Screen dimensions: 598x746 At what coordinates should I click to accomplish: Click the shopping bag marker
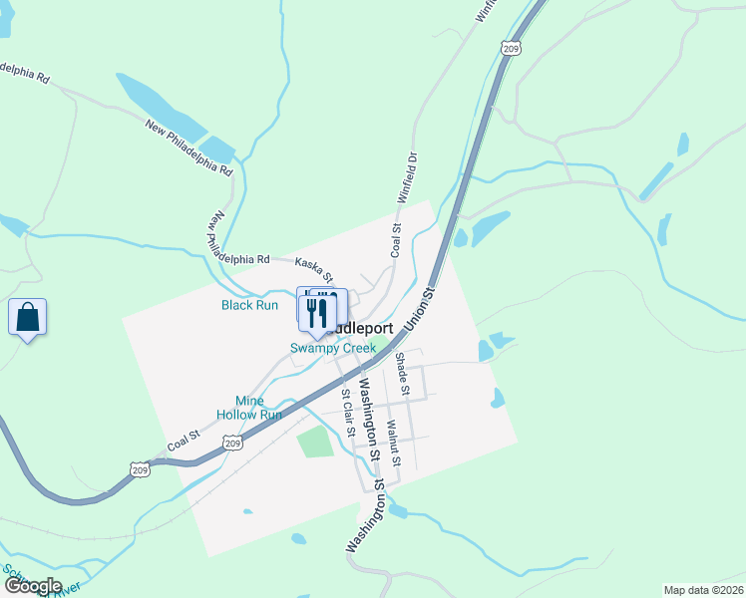coord(28,319)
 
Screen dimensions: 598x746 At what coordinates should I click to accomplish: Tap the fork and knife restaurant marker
coord(318,312)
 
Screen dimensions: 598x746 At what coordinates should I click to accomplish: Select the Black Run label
coord(249,305)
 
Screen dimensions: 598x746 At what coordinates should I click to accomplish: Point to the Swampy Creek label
coord(333,348)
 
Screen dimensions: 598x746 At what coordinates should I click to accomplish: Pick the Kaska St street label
coord(313,265)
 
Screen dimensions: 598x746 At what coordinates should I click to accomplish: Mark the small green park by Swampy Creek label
coord(380,347)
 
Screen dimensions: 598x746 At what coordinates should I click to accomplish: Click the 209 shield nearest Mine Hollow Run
coord(233,443)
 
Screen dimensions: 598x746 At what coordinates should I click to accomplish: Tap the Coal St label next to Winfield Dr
coord(395,241)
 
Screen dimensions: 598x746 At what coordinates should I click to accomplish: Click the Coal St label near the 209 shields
coord(184,436)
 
